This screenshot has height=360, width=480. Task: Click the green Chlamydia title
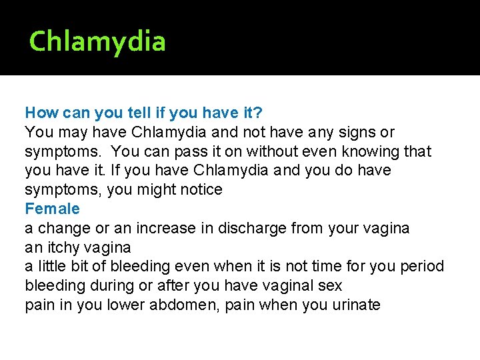click(97, 42)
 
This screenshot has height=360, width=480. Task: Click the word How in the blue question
click(41, 113)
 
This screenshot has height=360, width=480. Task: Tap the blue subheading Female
click(52, 209)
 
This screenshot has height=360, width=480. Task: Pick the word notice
click(200, 190)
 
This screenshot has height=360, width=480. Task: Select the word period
click(422, 267)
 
